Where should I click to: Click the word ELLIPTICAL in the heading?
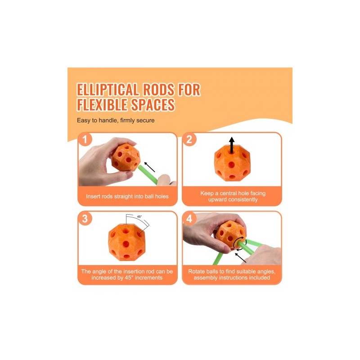click(x=108, y=89)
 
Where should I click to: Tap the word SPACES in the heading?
click(x=153, y=105)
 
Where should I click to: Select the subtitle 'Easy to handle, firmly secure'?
click(x=116, y=120)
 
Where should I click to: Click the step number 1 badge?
click(x=85, y=139)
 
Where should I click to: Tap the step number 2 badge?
click(x=189, y=139)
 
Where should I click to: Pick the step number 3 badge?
click(x=85, y=218)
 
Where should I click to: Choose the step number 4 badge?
click(x=189, y=218)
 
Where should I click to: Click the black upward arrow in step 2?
click(x=232, y=145)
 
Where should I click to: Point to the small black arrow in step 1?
click(x=149, y=167)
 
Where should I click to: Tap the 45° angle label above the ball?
click(x=139, y=216)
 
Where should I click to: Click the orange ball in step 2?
click(x=232, y=163)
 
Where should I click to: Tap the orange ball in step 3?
click(x=126, y=242)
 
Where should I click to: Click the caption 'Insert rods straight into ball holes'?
click(x=127, y=196)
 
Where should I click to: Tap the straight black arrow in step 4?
click(x=240, y=257)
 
